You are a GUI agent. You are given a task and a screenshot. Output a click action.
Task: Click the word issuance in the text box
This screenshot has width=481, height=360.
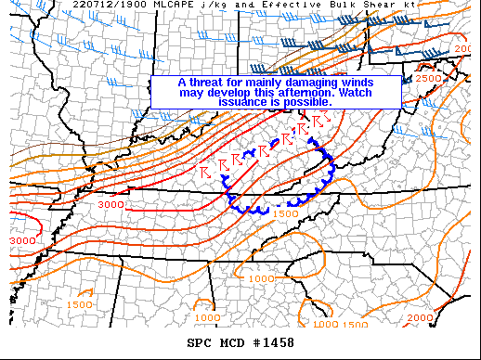242,101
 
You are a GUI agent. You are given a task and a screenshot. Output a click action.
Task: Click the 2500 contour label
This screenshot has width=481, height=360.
427,79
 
